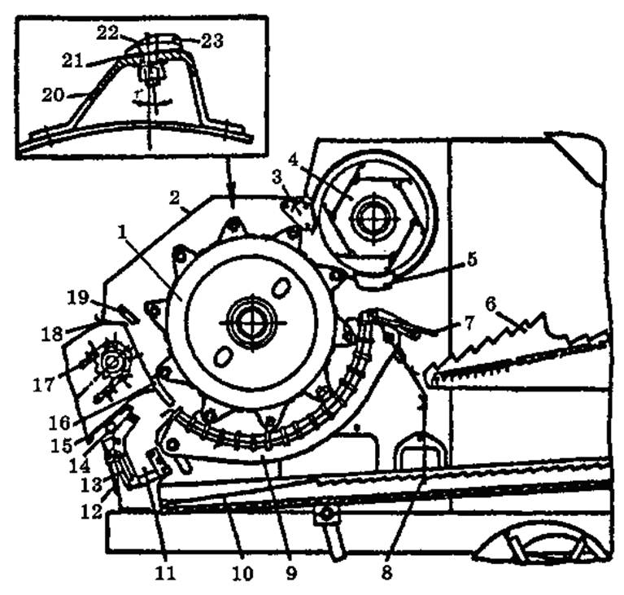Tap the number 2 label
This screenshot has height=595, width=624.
coord(174,198)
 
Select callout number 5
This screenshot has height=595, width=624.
coord(472,260)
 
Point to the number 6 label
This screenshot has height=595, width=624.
coord(491,305)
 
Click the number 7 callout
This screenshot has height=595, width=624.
coord(469,323)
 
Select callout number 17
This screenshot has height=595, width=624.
coord(43,385)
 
